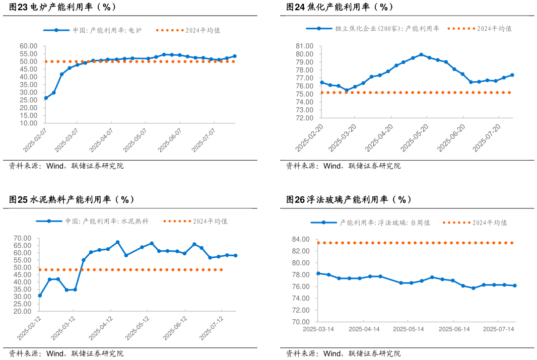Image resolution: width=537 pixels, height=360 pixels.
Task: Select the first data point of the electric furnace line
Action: (x=46, y=98)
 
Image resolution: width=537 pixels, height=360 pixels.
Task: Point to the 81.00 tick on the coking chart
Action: (x=306, y=46)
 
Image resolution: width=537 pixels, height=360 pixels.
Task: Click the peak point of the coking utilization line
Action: (x=421, y=55)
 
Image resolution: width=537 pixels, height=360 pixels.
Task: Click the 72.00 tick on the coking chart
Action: (x=306, y=118)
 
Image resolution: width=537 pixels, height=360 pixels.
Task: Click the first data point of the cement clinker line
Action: (x=40, y=296)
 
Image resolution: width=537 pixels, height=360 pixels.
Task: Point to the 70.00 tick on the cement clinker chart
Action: (x=23, y=238)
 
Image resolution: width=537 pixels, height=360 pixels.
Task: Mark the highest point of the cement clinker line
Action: (x=118, y=242)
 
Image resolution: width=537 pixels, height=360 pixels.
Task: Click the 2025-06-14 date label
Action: (x=454, y=329)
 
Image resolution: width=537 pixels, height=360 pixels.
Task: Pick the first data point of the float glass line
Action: (x=318, y=273)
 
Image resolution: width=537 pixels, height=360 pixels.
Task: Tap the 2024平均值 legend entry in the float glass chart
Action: (x=490, y=223)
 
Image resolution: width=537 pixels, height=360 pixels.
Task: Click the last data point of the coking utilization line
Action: (x=512, y=75)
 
